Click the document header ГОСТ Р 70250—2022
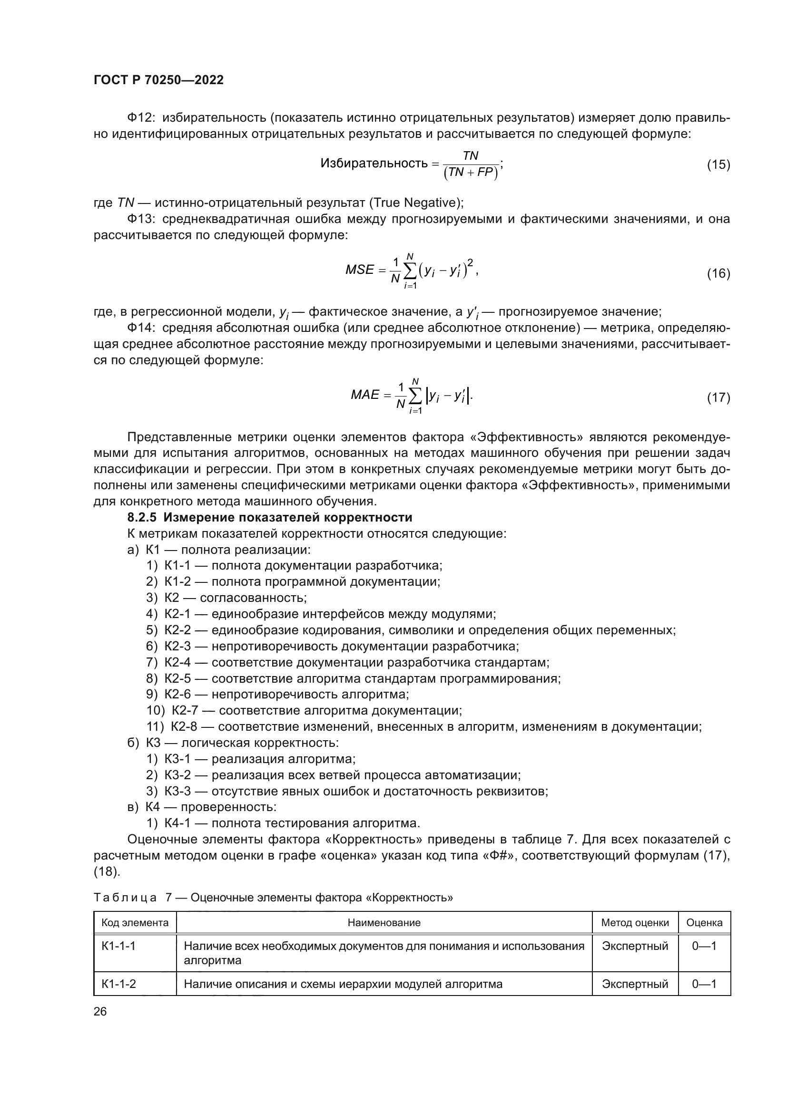point(158,80)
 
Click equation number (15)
point(718,164)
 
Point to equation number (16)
point(718,274)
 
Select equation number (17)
point(718,397)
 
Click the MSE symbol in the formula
point(360,270)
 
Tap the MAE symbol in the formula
point(365,395)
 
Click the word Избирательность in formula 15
point(374,164)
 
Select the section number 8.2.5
point(141,517)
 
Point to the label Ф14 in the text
point(140,328)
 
